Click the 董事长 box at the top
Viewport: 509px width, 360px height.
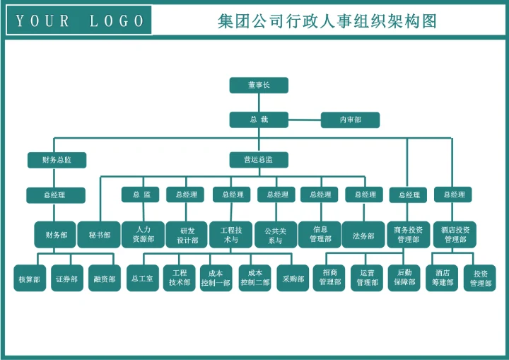pos(259,85)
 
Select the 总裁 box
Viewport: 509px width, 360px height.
pos(259,120)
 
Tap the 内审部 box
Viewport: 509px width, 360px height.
pos(350,120)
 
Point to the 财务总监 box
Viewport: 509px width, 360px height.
pos(57,160)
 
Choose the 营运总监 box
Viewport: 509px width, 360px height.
pos(259,160)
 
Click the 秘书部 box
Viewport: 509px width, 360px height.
pos(99,235)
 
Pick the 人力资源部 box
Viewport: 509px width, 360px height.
pos(143,235)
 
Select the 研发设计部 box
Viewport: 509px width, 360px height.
pos(187,235)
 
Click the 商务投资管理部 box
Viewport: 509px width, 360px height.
pos(408,235)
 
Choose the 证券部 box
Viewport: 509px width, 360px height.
pos(67,279)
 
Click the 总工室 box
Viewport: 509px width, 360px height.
pos(142,279)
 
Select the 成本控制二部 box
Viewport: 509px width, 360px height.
pos(255,278)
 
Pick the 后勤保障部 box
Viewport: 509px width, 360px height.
pos(405,278)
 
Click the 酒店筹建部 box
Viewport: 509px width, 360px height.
pos(443,278)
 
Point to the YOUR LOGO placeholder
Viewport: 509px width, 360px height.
pos(79,21)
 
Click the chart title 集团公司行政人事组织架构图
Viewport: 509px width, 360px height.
pos(327,21)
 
